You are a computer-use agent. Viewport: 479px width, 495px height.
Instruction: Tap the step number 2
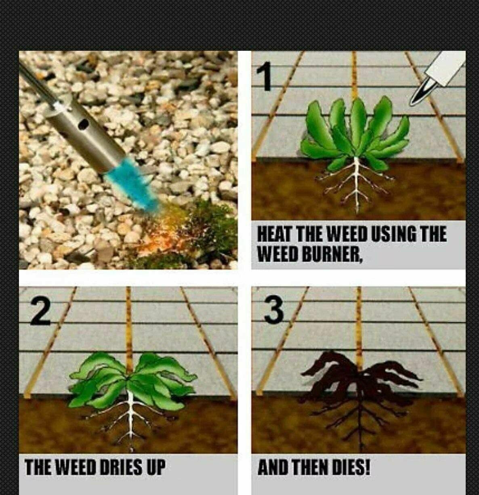coord(40,312)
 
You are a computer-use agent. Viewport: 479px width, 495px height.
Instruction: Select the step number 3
coord(274,310)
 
